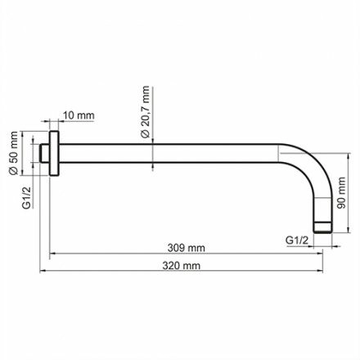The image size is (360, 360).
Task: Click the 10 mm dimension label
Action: (78, 116)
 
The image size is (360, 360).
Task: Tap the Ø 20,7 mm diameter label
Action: (144, 111)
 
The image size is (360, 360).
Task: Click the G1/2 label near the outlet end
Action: (298, 241)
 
